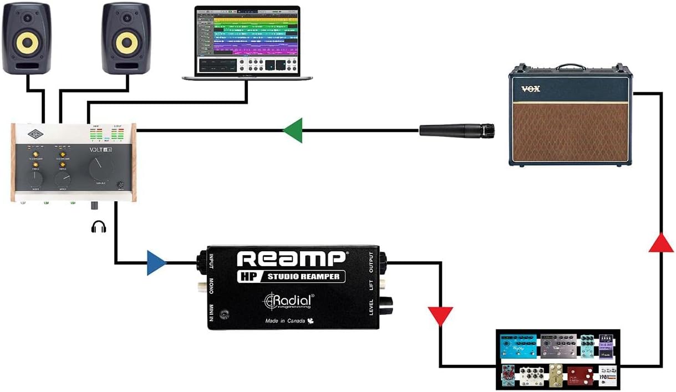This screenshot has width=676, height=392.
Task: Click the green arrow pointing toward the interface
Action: tap(293, 130)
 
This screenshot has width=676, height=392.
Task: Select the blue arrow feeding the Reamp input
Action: tap(157, 262)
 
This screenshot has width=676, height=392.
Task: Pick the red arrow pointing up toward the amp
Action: tap(661, 242)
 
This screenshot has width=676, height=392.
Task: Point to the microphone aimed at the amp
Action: tap(456, 131)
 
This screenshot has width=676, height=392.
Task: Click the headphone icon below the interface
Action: tap(98, 226)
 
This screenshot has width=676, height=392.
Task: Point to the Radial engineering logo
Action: tap(288, 300)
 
